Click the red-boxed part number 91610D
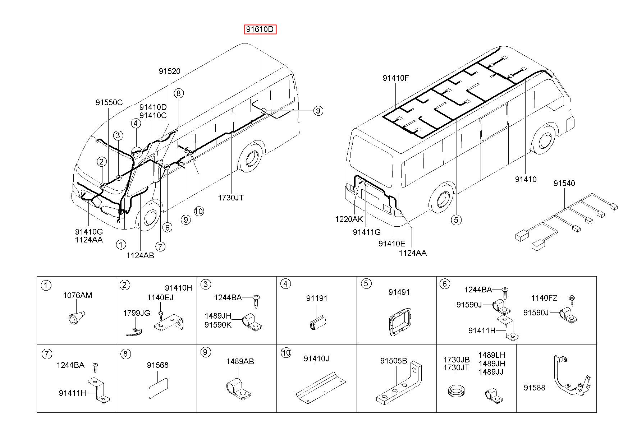coord(261,29)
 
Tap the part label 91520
coord(170,71)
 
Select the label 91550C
coord(109,103)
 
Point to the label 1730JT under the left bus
coord(231,198)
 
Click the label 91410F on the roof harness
coord(395,78)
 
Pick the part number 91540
coord(564,184)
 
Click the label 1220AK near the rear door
coord(349,219)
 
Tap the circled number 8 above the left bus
coord(179,93)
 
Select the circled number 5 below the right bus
coord(456,219)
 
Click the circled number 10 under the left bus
coord(198,211)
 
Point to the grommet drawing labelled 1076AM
coord(76,317)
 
